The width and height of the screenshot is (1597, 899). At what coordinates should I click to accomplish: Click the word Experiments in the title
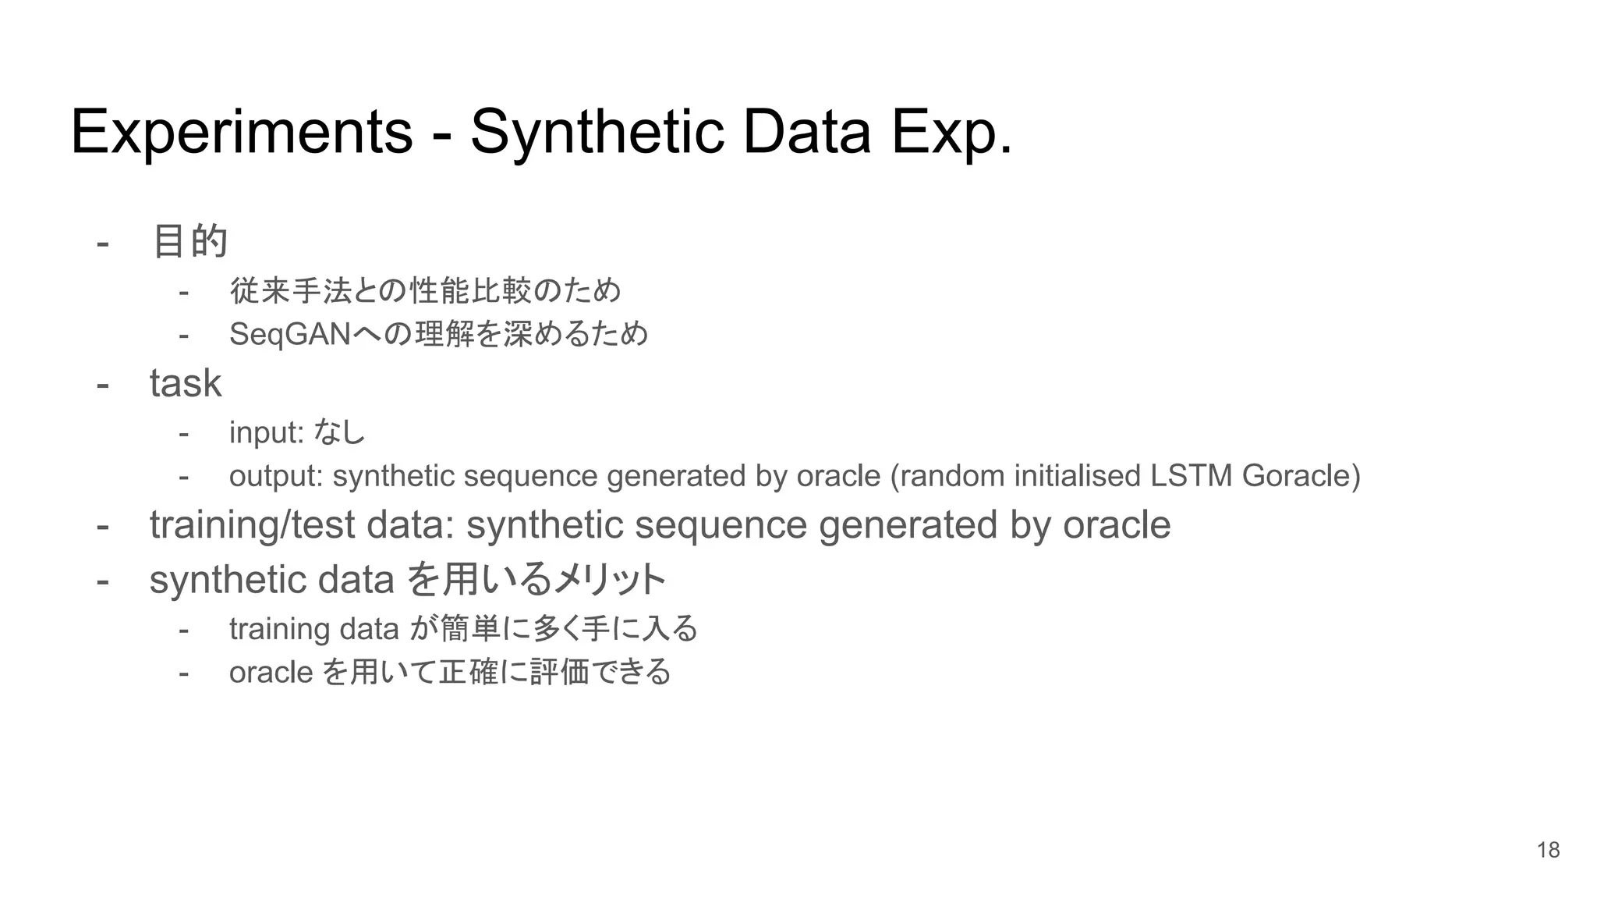[241, 133]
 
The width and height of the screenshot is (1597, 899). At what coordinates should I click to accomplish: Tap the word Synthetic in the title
[597, 133]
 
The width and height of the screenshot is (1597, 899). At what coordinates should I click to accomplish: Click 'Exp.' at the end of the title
[951, 133]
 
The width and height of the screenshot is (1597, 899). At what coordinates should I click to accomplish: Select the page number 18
[1548, 850]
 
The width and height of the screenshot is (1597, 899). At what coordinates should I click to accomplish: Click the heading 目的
[189, 240]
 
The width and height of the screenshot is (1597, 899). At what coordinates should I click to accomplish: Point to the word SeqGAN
[290, 334]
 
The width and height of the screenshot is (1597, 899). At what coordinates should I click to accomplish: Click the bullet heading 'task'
[186, 383]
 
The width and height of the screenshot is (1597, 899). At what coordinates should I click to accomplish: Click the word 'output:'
[276, 476]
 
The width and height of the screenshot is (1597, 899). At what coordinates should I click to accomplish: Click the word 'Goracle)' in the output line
[1301, 476]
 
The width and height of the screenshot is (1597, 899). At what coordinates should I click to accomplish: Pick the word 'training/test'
[252, 525]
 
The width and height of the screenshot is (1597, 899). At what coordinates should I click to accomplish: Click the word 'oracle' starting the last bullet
[271, 672]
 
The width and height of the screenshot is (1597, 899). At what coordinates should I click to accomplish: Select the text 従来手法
[290, 291]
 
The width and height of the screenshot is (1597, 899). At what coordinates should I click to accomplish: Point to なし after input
[339, 432]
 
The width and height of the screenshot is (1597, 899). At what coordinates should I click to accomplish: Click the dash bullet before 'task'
[102, 383]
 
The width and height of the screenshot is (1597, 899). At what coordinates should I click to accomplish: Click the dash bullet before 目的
[102, 242]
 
